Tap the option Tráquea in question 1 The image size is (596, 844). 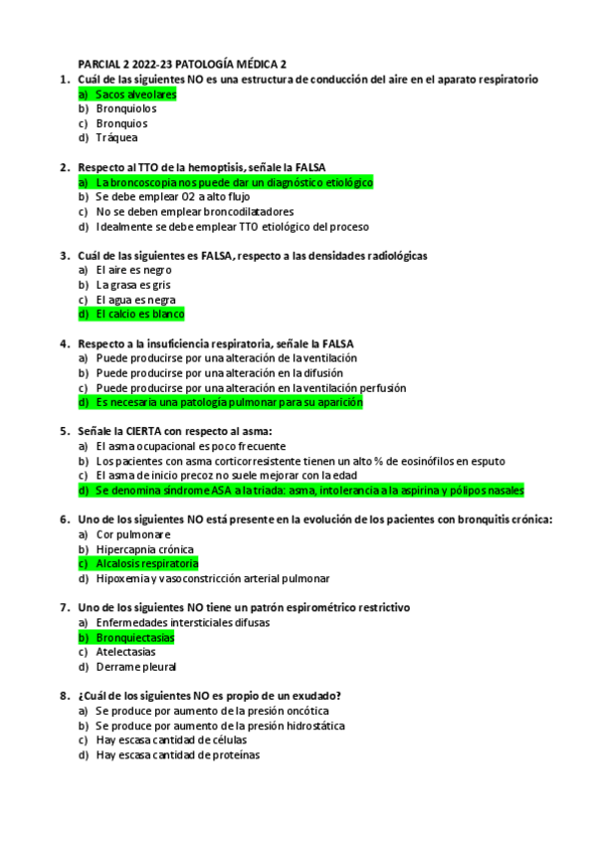tap(116, 138)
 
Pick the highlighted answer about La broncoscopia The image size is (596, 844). tap(234, 183)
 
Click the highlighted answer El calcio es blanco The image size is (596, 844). tap(140, 315)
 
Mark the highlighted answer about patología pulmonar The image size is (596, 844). tap(229, 402)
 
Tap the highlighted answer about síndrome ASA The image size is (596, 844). tap(309, 491)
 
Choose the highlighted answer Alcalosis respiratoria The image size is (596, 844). tap(146, 563)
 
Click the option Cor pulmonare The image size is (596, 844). tap(133, 534)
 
